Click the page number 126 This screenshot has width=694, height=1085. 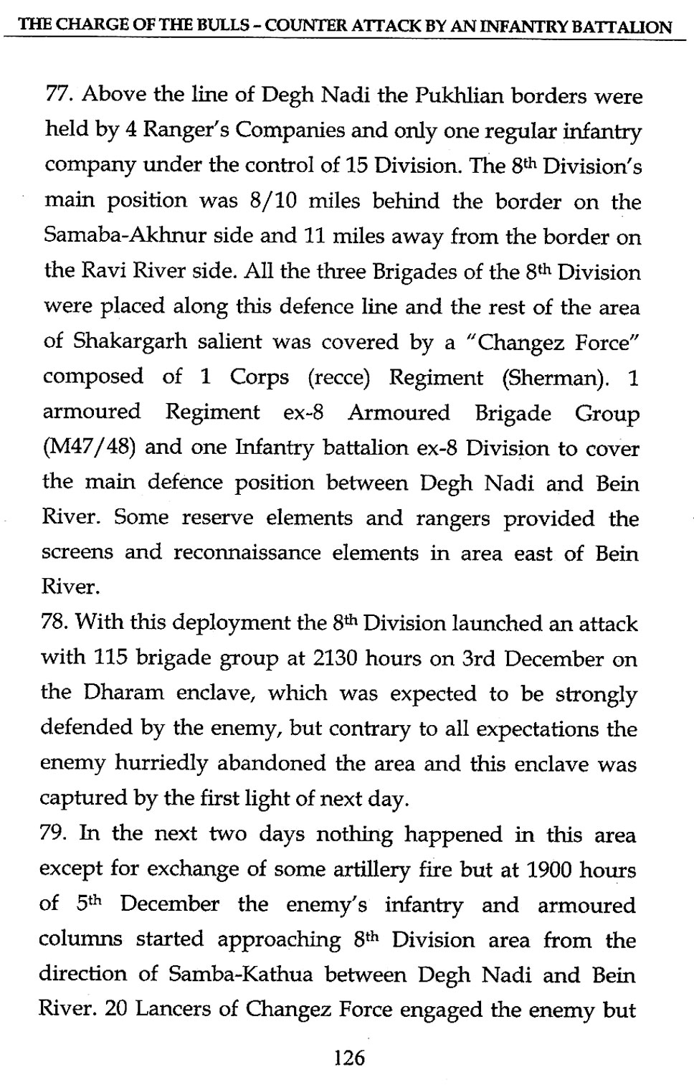(350, 1058)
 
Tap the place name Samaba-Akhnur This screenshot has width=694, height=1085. (115, 237)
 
